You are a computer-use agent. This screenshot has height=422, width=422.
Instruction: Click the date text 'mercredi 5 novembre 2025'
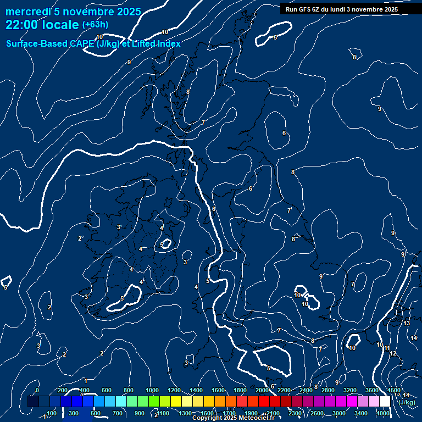[x=73, y=12]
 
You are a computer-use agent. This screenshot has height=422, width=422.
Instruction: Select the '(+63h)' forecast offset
[x=95, y=25]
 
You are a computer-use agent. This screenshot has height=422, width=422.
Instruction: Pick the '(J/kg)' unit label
[x=407, y=402]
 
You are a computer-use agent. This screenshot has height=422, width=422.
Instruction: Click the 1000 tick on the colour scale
[x=152, y=390]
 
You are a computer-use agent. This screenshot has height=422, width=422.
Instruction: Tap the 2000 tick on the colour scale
[x=262, y=390]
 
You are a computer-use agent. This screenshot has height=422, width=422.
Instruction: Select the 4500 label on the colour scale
[x=394, y=390]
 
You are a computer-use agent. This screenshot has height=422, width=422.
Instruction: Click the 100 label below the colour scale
[x=52, y=413]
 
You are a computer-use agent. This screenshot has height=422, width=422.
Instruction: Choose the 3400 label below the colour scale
[x=361, y=413]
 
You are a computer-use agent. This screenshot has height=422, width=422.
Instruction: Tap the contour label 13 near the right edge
[x=407, y=323]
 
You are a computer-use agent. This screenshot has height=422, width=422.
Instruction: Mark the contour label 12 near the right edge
[x=393, y=354]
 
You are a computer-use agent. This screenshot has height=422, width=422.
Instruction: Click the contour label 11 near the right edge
[x=387, y=348]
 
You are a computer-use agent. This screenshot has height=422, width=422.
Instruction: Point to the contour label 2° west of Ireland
[x=81, y=238]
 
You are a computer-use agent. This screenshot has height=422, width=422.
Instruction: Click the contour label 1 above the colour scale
[x=86, y=381]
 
